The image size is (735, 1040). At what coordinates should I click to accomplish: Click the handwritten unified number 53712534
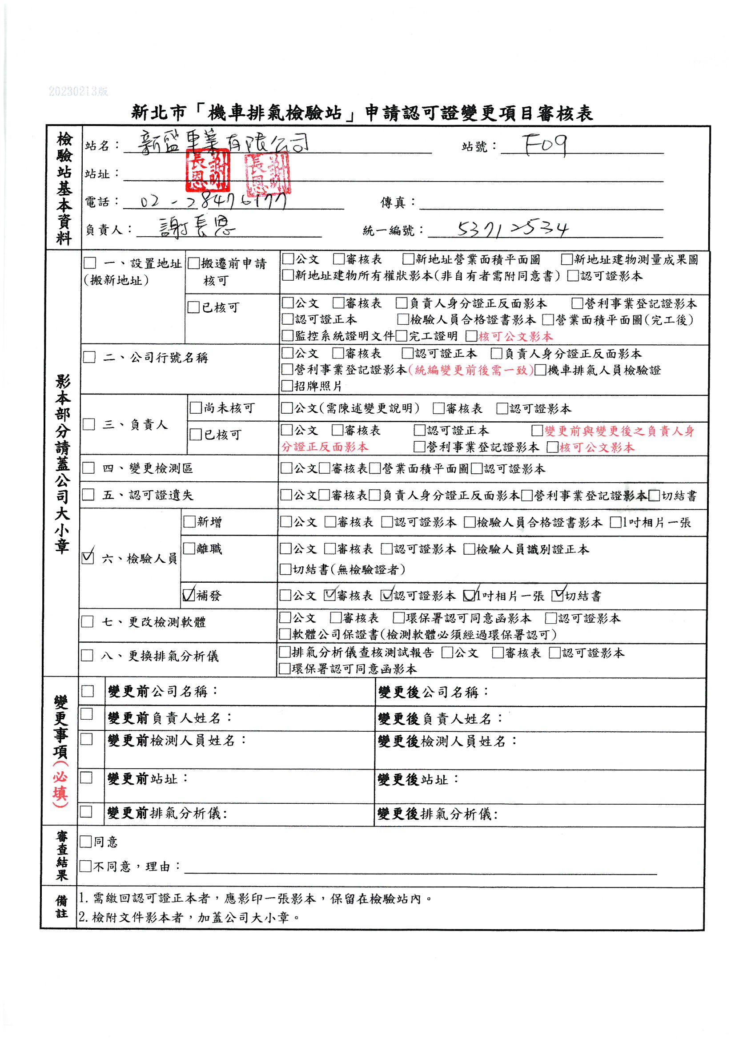tap(512, 229)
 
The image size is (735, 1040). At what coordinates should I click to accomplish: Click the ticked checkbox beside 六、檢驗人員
tap(88, 557)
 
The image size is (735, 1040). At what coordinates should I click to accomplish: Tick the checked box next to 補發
tap(189, 594)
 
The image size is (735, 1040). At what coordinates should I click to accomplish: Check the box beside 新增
tap(189, 522)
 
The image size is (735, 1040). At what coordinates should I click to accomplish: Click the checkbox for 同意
tap(85, 842)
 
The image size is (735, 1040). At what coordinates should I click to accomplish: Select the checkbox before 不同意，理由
tap(85, 866)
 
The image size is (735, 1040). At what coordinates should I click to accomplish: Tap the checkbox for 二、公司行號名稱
tap(89, 357)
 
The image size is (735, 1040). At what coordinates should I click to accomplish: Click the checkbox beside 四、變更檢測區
tap(88, 468)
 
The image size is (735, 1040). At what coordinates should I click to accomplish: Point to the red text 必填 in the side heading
tap(60, 789)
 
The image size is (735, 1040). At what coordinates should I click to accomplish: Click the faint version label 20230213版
tap(78, 92)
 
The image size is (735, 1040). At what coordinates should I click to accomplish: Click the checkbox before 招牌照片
tap(287, 386)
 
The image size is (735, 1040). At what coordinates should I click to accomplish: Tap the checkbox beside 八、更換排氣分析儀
tap(87, 655)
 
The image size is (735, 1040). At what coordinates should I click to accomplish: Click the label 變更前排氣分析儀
tap(167, 814)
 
